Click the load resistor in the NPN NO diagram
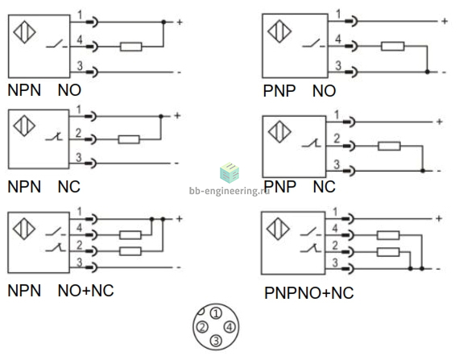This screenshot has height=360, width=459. pos(130,47)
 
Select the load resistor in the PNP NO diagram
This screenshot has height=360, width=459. pos(392,46)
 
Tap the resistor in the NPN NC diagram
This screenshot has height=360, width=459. pos(129,139)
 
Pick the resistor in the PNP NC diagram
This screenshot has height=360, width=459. pos(389,146)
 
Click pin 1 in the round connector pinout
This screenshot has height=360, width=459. pos(216,313)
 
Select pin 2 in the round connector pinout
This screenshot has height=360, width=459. pos(202,327)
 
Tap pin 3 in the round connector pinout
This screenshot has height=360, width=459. pos(216,341)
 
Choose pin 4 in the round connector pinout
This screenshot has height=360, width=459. pos(229,327)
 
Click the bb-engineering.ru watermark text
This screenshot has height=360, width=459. pos(229,191)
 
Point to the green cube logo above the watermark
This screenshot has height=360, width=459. pos(229,172)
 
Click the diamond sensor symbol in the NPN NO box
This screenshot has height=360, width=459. pos(25,31)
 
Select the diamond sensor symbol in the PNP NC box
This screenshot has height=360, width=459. pos(279,132)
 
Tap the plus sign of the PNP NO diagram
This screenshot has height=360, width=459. pos(445,21)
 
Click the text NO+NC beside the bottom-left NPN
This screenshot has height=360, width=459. pos(86,291)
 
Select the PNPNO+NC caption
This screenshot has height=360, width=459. pos(309,293)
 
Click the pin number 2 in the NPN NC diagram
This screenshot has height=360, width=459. pos(78,134)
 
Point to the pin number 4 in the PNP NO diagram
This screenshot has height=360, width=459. pos(338,39)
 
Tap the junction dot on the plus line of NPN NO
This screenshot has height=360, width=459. pos(163,22)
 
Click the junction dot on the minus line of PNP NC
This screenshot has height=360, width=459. pos(423,171)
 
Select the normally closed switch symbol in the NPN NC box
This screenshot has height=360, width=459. pos(55,137)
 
